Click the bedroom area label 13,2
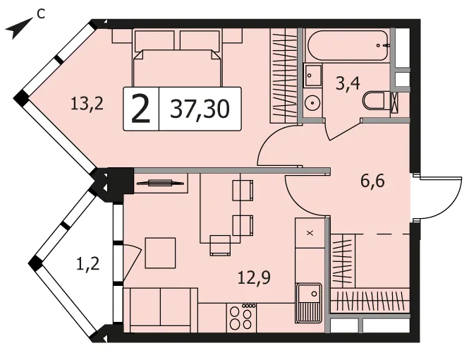tap(87, 104)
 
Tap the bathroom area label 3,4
tap(348, 83)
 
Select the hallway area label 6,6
tap(372, 181)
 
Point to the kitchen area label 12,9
tap(254, 277)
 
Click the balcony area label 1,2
tap(87, 263)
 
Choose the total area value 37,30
tap(200, 109)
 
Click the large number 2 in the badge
tap(141, 109)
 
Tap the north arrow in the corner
tap(19, 28)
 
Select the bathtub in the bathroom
tap(348, 46)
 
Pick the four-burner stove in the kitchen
tap(241, 318)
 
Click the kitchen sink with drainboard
tap(308, 303)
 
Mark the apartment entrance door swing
tap(439, 198)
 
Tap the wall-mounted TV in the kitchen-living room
tap(160, 183)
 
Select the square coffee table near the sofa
tap(160, 253)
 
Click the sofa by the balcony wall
tap(160, 310)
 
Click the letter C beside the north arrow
tap(41, 13)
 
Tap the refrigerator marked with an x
tap(310, 233)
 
